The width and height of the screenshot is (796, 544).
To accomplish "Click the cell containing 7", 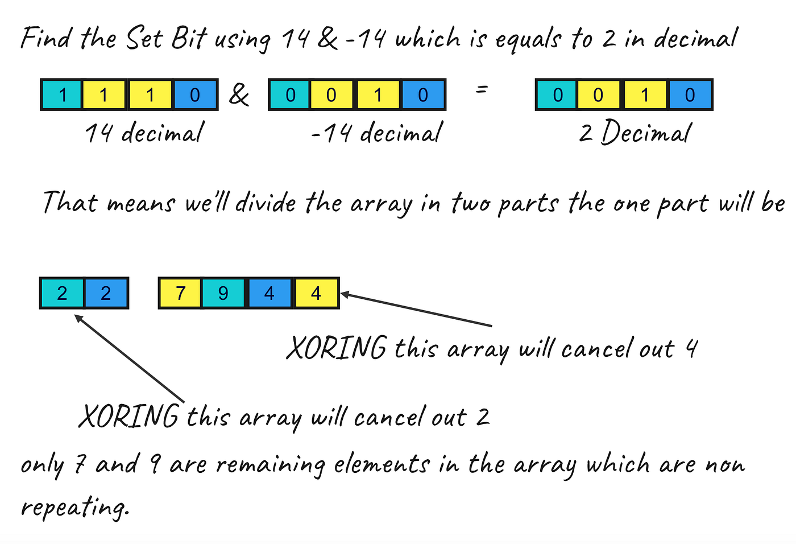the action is pos(180,293).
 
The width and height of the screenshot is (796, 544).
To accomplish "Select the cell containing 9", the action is pos(223,293).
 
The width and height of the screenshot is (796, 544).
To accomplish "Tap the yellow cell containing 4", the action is pos(316,293).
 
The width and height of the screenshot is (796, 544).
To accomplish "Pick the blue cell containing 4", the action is pos(270,293).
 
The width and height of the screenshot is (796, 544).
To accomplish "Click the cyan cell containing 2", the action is pos(62,293).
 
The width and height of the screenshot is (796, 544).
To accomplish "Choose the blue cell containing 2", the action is pos(106,293).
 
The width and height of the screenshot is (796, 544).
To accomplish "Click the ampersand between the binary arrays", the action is pos(239,94).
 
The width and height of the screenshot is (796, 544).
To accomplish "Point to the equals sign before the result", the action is pos(482,89).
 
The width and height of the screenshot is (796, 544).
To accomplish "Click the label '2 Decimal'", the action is pos(635,133).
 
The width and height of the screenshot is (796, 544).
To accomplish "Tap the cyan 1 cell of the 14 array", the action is pos(62,94).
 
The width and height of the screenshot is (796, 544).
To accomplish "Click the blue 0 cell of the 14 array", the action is pos(195,94).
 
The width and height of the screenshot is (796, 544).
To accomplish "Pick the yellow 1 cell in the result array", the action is pos(645,94).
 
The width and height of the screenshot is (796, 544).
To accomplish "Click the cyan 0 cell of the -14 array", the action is pos(290,94).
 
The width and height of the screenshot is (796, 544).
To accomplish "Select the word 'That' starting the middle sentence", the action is pos(69,203).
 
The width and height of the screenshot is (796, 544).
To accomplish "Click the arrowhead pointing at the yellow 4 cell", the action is pos(344,294).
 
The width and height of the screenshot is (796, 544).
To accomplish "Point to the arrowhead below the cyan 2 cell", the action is pos(78,318).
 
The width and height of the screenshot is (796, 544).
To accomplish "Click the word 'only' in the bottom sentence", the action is pos(42,465).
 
